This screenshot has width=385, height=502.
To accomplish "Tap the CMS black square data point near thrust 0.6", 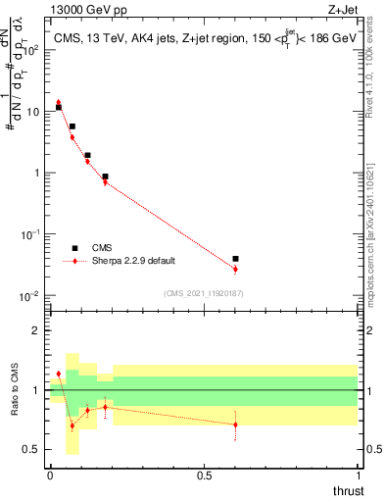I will pyautogui.click(x=235, y=259).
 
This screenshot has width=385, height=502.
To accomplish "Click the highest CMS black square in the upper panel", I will pyautogui.click(x=59, y=107).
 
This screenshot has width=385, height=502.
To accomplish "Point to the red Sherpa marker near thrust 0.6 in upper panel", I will pyautogui.click(x=235, y=269).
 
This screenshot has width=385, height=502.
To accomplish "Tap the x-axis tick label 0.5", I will pyautogui.click(x=204, y=475).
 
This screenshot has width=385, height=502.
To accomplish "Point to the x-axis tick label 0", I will pyautogui.click(x=50, y=475).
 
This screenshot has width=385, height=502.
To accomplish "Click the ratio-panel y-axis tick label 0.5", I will pyautogui.click(x=32, y=450).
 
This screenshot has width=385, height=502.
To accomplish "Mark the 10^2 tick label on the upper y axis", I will pyautogui.click(x=30, y=51).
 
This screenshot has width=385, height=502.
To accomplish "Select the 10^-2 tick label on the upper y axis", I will pyautogui.click(x=30, y=296).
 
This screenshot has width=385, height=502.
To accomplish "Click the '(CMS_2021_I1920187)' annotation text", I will pyautogui.click(x=204, y=293).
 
